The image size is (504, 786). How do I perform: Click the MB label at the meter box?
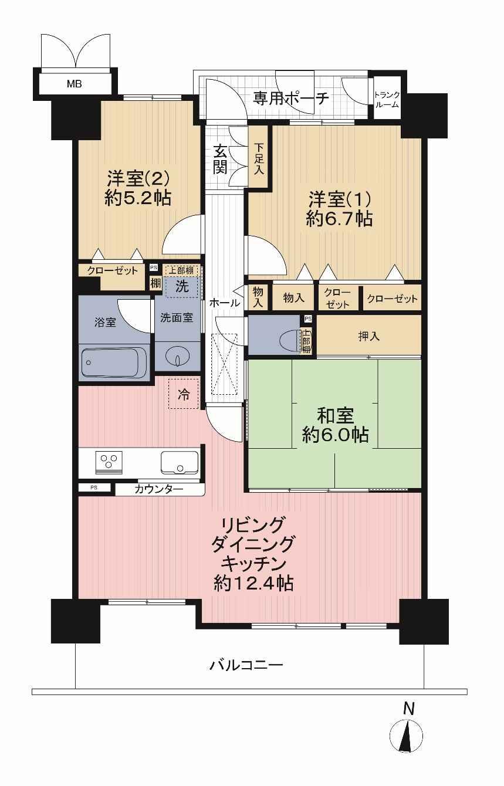coord(75,84)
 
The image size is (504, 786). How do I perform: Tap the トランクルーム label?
coord(387,100)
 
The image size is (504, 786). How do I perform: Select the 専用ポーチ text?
coord(291,99)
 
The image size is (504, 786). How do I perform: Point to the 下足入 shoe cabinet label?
coord(259,160)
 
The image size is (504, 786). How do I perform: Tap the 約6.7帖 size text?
coord(339,219)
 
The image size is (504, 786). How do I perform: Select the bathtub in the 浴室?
coord(114,363)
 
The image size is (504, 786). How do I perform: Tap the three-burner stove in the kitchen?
coord(109,463)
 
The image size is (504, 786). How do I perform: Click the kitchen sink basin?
coord(180,462)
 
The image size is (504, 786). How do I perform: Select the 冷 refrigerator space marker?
coord(184,394)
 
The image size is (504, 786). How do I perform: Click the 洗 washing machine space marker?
coord(182,287)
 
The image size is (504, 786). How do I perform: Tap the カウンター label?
coord(158,489)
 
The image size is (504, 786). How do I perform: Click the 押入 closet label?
coord(368,337)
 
